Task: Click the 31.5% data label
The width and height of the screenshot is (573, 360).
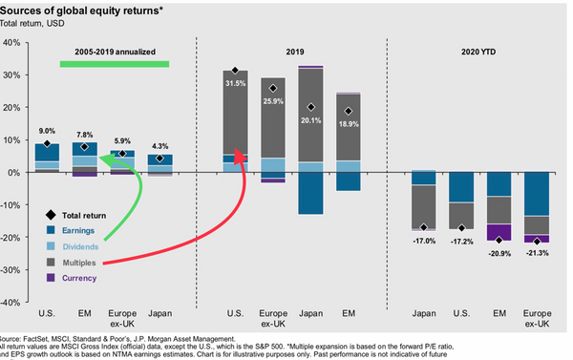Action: point(235,83)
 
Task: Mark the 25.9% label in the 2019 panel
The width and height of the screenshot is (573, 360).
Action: point(274,101)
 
